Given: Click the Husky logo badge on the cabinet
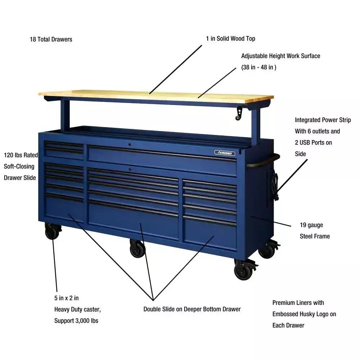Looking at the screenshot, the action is (225, 153).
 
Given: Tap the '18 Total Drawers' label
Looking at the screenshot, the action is (51, 39).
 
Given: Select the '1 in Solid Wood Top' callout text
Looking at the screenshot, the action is (230, 39).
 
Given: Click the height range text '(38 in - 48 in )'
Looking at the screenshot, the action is (259, 67).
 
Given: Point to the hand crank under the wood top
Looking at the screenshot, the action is (239, 113).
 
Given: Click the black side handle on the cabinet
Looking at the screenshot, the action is (264, 161).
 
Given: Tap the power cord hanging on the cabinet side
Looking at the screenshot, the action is (275, 186).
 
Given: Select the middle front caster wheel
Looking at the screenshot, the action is (138, 248).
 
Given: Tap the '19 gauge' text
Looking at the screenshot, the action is (311, 225).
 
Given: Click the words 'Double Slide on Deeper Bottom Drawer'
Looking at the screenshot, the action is (192, 309).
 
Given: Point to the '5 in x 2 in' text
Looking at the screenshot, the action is (66, 298).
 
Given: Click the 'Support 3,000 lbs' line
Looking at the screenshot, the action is (76, 321).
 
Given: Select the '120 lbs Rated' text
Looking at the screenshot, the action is (21, 155).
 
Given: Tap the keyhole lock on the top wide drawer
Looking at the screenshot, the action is (130, 144).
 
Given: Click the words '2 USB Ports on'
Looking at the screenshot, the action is (314, 143).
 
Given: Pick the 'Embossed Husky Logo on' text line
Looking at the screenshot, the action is (304, 314).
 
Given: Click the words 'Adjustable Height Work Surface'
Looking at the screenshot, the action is (280, 56).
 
